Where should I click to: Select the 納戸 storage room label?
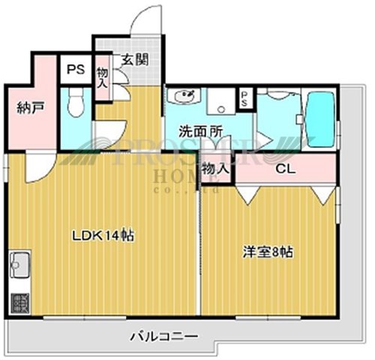pos(31,107)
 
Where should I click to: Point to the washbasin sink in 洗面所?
pos(184,97)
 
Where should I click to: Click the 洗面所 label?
pos(200,130)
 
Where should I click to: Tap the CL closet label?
pos(286,169)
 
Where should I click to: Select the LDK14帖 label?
pos(103,235)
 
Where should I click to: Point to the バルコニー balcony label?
pos(164,337)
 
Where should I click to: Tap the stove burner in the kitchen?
pos(19,303)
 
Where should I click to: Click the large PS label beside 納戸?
pos(75,71)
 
